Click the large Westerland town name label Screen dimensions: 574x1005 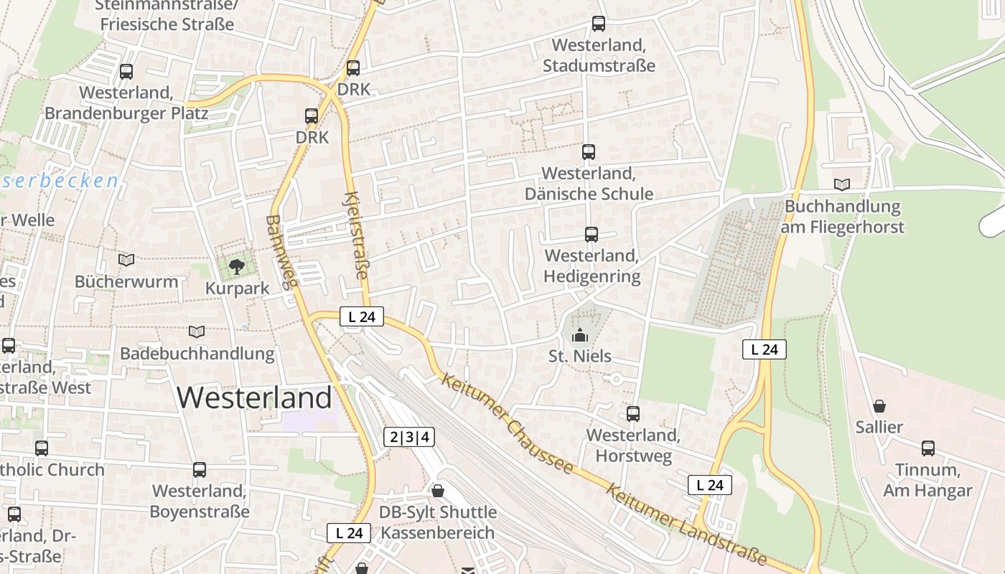254,397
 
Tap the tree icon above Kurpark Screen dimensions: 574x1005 236,268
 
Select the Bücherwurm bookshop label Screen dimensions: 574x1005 126,281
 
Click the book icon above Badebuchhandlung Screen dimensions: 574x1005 196,331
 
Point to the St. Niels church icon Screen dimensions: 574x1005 579,335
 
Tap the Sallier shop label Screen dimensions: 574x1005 879,427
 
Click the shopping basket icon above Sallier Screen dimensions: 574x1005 879,406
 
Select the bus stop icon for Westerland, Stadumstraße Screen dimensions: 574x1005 599,24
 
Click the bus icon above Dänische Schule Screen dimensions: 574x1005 589,152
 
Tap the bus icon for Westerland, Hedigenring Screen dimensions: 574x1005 592,235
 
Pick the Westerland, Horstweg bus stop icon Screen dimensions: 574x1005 633,414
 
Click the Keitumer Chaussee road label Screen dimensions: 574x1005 508,423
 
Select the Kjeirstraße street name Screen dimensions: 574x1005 357,235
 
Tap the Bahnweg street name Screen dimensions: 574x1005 281,251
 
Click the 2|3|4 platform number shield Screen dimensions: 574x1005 410,436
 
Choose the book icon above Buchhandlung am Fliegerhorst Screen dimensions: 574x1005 842,185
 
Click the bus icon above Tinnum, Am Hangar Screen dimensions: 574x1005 928,449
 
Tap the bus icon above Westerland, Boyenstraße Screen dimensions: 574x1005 200,471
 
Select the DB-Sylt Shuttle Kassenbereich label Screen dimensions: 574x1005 438,522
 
